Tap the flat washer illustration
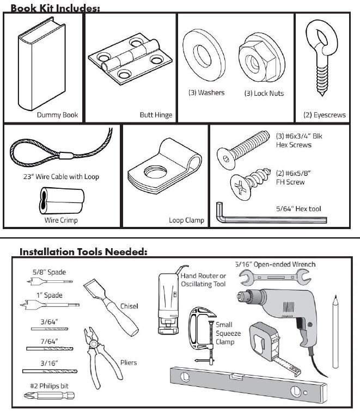click(203, 57)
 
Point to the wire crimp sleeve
click(61, 202)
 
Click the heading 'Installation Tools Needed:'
click(83, 252)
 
